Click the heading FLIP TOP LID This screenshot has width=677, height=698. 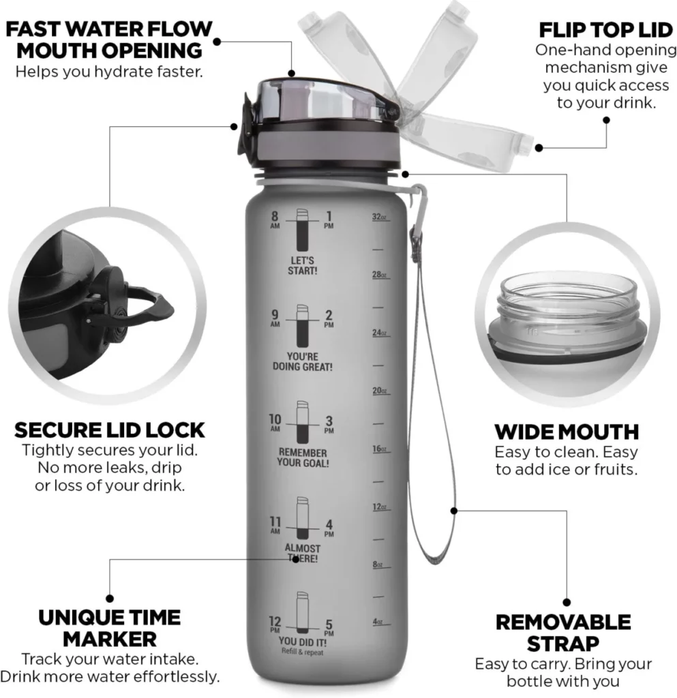click(x=606, y=30)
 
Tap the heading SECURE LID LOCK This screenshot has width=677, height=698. click(x=110, y=430)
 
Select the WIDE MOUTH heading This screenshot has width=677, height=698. click(x=567, y=431)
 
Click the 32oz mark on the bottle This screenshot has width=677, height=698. click(x=379, y=217)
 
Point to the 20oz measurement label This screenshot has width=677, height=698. click(x=380, y=391)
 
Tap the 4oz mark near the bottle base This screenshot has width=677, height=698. click(x=378, y=622)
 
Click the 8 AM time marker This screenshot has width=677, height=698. click(x=275, y=219)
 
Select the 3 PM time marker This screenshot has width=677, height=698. click(x=329, y=424)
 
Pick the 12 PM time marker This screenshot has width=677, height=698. click(x=275, y=624)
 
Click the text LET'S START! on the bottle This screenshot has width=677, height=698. click(x=302, y=266)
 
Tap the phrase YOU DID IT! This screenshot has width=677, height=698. click(x=303, y=642)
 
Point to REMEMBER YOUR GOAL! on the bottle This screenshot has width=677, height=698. click(x=303, y=457)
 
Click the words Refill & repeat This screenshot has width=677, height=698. click(x=303, y=652)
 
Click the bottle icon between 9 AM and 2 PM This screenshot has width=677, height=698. click(x=302, y=326)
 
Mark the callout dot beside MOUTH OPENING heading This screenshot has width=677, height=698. click(x=217, y=42)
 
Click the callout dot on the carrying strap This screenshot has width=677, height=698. click(x=453, y=511)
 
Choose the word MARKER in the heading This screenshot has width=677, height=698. click(x=110, y=639)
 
